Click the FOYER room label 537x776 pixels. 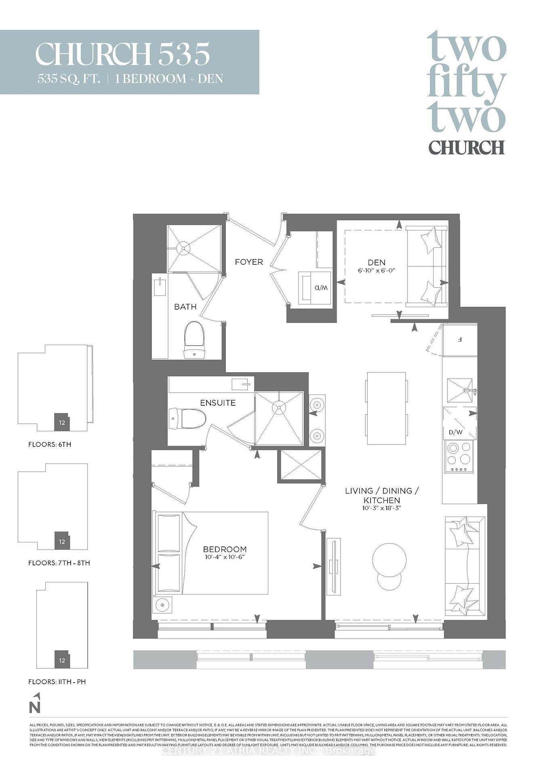tap(249, 262)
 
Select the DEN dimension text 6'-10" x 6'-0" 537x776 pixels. tap(376, 270)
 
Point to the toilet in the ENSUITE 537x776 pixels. tap(188, 418)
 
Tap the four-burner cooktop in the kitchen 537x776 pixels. tap(459, 457)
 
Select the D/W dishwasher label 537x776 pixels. tap(455, 432)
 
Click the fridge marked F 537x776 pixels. tap(460, 339)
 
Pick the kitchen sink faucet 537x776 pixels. tap(470, 390)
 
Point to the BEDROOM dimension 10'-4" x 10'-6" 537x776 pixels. tap(225, 557)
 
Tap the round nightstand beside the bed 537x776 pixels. tap(162, 605)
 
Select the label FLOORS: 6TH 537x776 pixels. tap(50, 444)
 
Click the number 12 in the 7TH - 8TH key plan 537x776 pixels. tap(62, 542)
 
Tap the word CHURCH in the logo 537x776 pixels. tap(466, 148)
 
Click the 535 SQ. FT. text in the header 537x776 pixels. tap(69, 79)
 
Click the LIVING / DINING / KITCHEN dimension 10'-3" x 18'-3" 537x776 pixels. tap(382, 508)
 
